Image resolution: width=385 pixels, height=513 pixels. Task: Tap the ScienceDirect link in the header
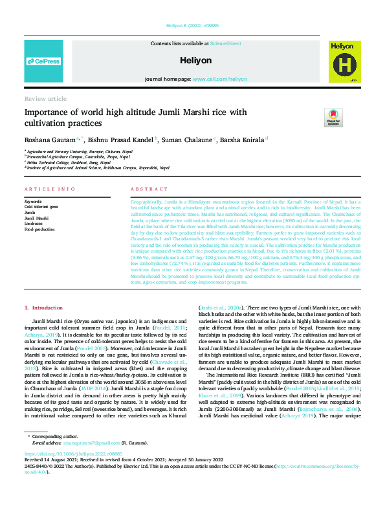225,43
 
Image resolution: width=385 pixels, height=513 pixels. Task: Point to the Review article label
45,99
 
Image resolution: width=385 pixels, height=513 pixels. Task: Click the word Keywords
33,201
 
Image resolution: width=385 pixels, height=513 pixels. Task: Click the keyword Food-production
39,228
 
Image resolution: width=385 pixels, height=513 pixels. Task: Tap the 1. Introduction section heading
43,308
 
